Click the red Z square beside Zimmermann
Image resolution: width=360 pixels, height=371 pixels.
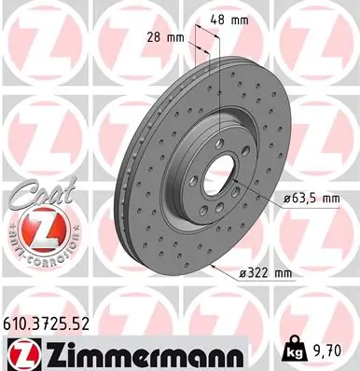[21, 352]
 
